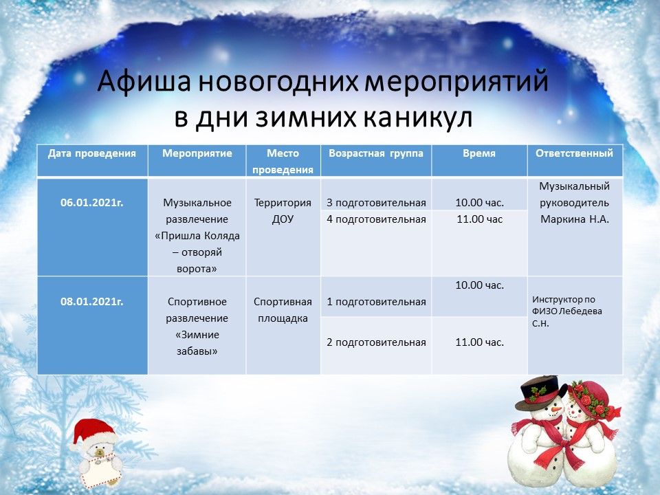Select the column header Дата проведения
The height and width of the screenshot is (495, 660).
91,153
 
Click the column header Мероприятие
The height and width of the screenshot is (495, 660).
197,153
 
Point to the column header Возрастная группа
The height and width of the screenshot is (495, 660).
376,153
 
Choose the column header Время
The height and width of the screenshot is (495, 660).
479,153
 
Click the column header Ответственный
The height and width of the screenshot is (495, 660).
574,153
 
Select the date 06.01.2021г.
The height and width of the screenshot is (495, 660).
91,202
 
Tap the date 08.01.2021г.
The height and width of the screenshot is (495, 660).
91,301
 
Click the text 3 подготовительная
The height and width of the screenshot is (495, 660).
376,203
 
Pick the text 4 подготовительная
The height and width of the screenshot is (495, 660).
376,219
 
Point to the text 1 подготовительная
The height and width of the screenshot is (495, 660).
376,302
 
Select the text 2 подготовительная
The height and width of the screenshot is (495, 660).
376,342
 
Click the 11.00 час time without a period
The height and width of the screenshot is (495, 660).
479,219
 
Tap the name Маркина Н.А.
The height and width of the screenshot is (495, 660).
575,219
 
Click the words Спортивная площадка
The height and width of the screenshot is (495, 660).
283,310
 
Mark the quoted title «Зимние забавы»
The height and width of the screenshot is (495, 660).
197,343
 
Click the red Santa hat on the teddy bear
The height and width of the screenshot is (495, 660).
93,432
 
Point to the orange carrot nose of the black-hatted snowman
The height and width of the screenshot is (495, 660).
556,408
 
